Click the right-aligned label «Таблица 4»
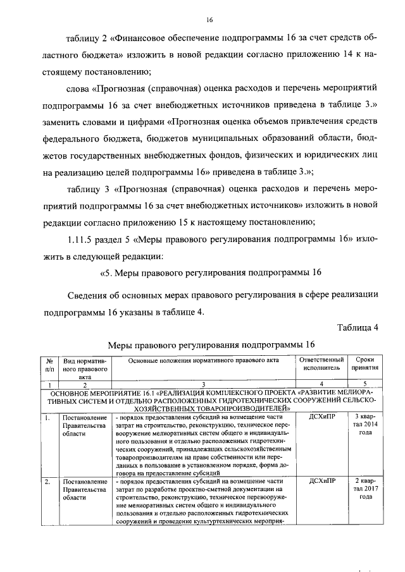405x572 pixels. (x=357, y=327)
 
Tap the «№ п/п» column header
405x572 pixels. (x=50, y=364)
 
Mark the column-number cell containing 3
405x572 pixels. (x=203, y=384)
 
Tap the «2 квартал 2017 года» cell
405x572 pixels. (x=365, y=489)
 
